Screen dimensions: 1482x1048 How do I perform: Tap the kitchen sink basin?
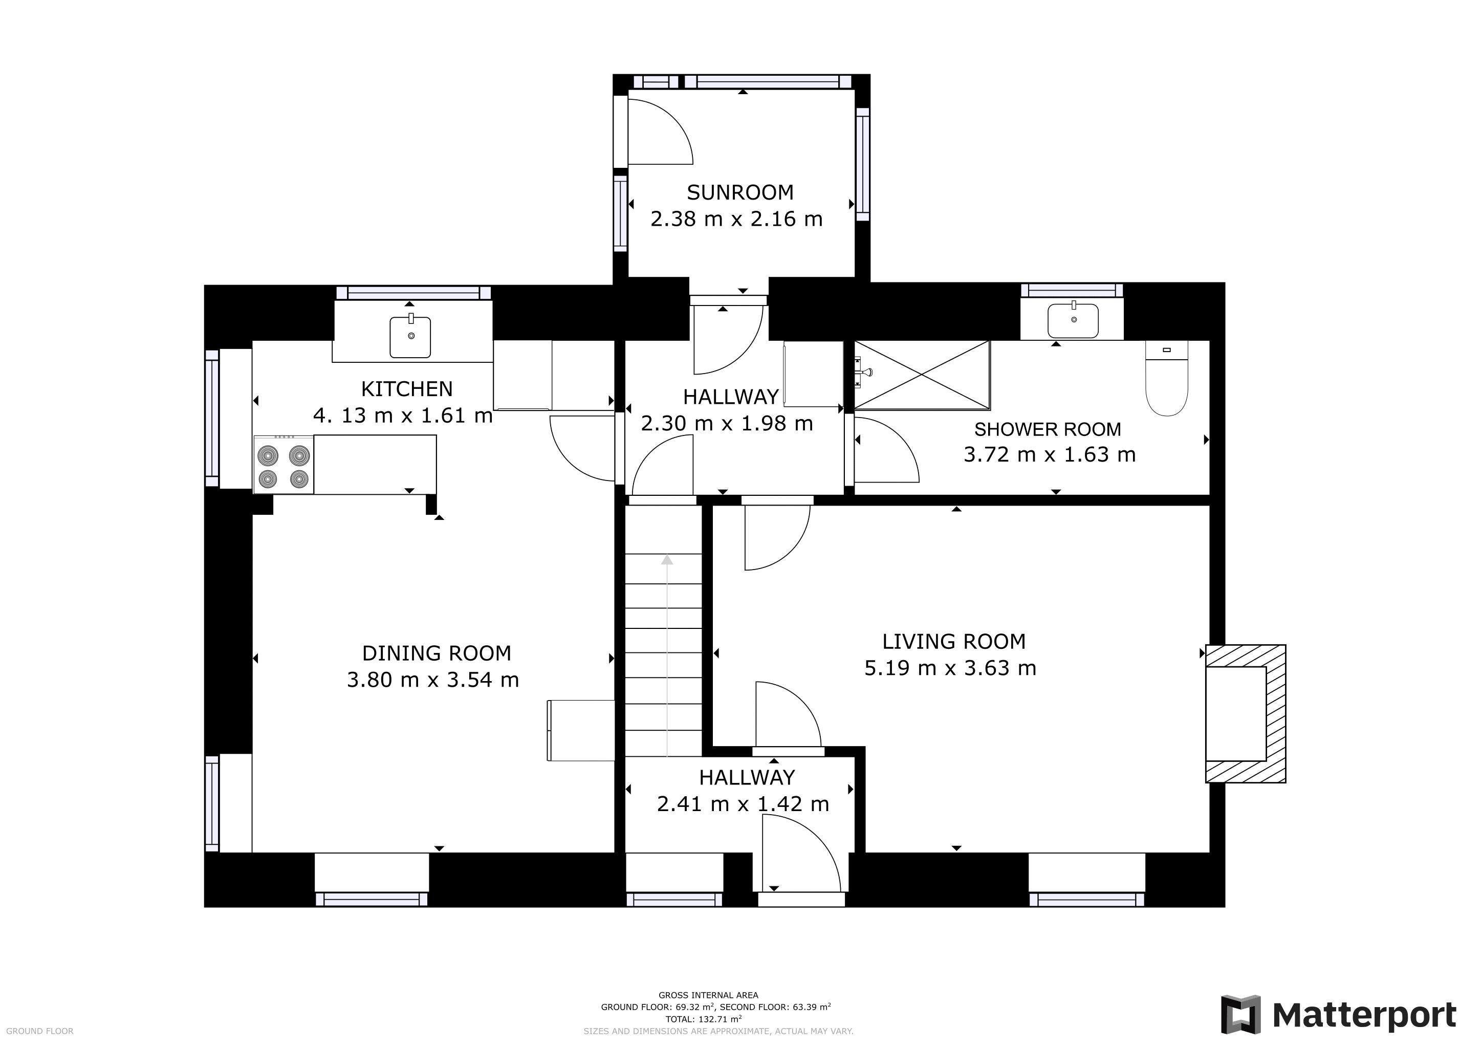pyautogui.click(x=410, y=336)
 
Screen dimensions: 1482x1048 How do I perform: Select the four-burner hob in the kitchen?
pyautogui.click(x=284, y=465)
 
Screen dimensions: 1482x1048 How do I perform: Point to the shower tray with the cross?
pyautogui.click(x=922, y=375)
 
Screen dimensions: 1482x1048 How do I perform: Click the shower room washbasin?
pyautogui.click(x=1073, y=321)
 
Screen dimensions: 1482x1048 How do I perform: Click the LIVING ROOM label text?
pyautogui.click(x=954, y=642)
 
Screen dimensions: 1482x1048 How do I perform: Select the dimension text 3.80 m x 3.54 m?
pyautogui.click(x=432, y=680)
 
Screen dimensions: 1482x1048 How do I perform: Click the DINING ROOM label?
pyautogui.click(x=437, y=653)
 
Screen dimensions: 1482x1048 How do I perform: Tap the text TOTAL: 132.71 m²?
pyautogui.click(x=704, y=1020)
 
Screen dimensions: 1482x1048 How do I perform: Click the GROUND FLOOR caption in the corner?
pyautogui.click(x=40, y=1031)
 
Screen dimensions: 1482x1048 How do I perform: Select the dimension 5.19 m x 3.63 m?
pyautogui.click(x=950, y=668)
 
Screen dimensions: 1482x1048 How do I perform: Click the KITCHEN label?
pyautogui.click(x=407, y=389)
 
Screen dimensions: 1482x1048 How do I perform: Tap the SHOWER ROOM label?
pyautogui.click(x=1048, y=429)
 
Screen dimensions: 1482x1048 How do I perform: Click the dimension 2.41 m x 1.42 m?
pyautogui.click(x=743, y=804)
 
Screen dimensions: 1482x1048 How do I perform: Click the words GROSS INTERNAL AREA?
pyautogui.click(x=708, y=995)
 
